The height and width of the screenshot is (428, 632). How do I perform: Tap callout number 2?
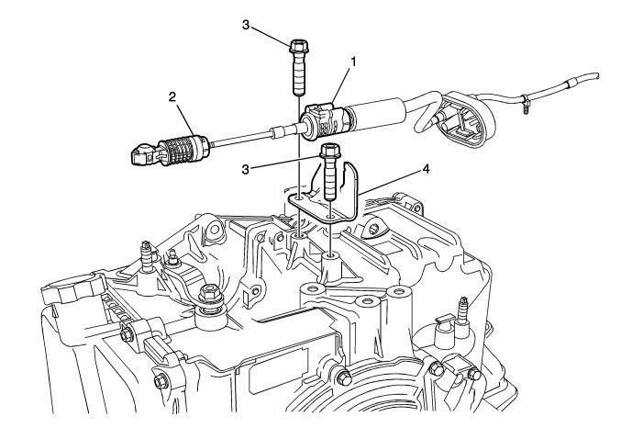(x=171, y=96)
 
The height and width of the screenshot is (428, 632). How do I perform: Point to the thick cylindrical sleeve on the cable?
(x=377, y=112)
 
